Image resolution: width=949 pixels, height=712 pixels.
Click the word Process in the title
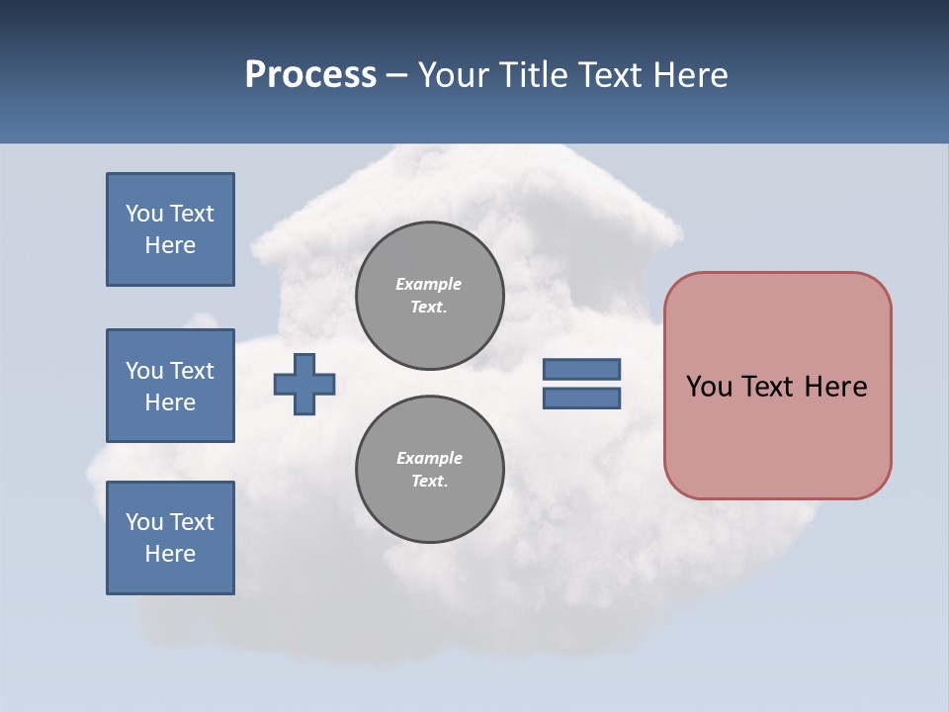click(310, 75)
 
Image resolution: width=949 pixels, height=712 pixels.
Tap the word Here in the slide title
click(689, 75)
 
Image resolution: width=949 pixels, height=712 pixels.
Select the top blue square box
click(170, 229)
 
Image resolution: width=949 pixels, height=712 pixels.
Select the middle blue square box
click(170, 386)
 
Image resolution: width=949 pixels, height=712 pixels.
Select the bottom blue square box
click(170, 538)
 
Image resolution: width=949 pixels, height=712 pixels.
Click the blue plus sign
click(304, 384)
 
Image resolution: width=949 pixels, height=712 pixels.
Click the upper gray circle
click(430, 296)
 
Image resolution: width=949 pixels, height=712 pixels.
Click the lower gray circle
click(430, 470)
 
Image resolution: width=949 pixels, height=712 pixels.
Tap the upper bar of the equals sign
click(581, 370)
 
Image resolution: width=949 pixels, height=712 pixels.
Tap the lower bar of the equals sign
click(581, 399)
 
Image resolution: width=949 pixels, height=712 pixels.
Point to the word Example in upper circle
click(429, 284)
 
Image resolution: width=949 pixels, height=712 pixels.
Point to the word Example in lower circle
click(429, 458)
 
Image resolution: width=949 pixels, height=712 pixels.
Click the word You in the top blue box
click(143, 214)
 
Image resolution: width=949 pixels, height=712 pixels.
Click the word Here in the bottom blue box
click(170, 554)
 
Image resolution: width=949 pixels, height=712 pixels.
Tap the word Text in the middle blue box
click(191, 371)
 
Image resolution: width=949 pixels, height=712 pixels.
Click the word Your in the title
click(451, 75)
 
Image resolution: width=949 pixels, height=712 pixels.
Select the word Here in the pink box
click(836, 387)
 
